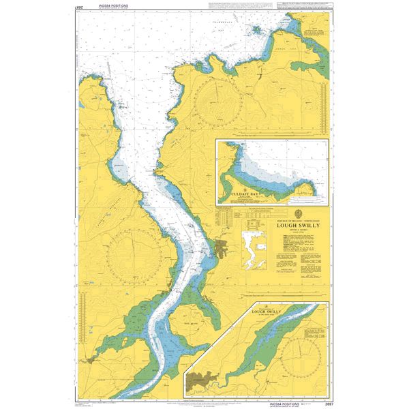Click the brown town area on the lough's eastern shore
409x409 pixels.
223,248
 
